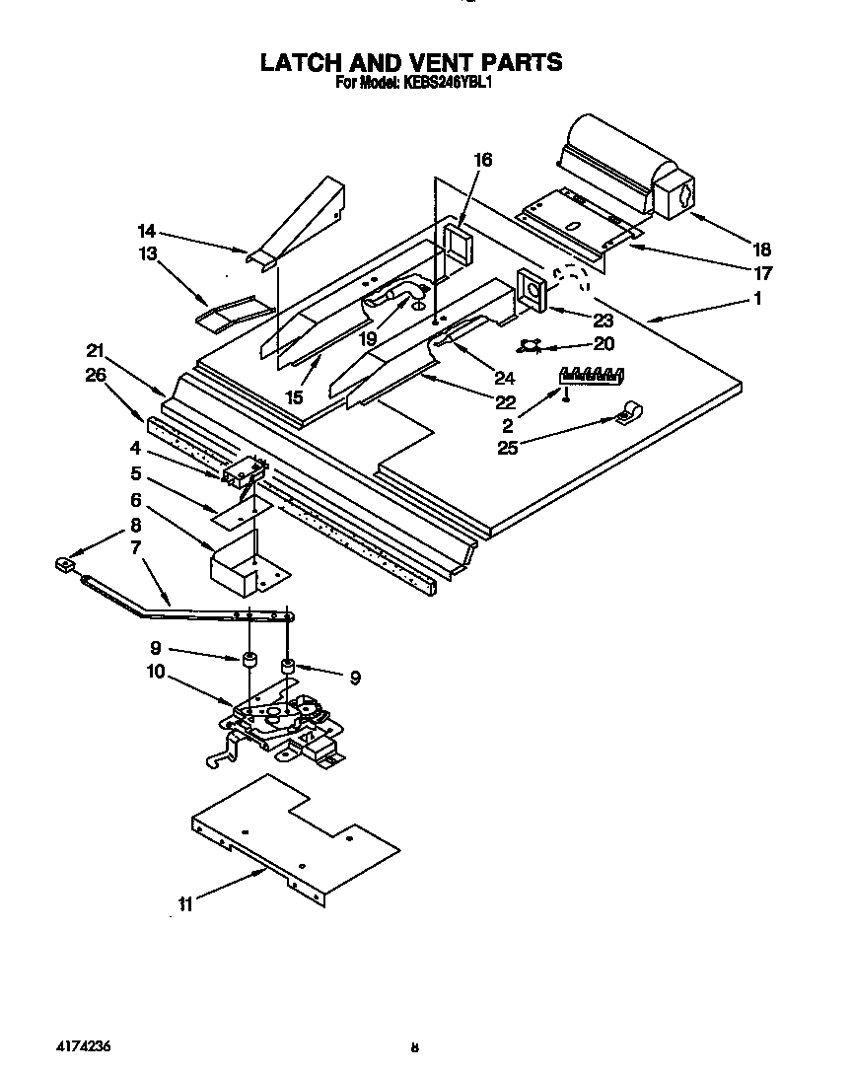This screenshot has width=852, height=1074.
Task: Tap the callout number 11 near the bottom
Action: click(x=184, y=904)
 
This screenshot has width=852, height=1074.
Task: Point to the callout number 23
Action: click(x=603, y=321)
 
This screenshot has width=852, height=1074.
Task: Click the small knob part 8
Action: click(x=65, y=565)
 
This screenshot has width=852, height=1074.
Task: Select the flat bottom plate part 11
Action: click(x=296, y=838)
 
